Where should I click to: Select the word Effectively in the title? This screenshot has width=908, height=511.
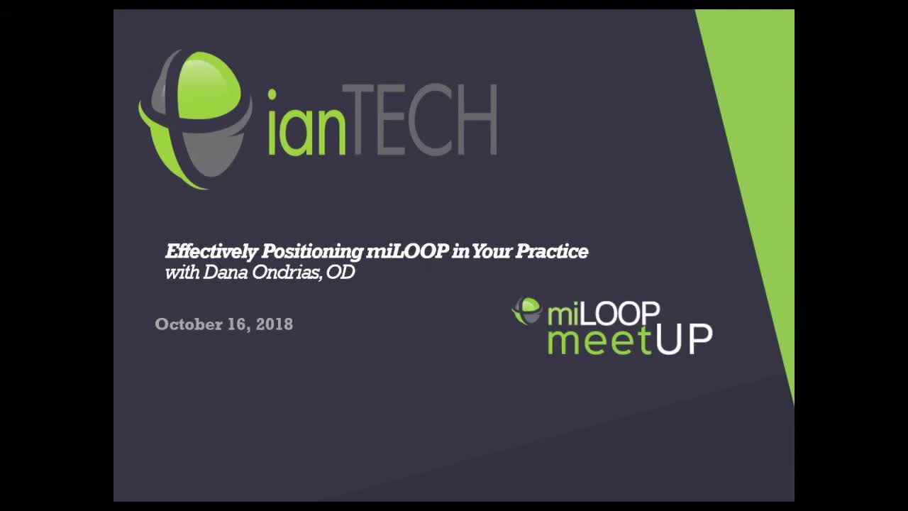211,251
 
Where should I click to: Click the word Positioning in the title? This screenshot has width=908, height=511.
311,252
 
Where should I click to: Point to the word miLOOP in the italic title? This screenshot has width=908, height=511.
407,251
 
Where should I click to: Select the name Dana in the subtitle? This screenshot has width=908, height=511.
222,273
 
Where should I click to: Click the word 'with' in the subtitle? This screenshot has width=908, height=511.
182,273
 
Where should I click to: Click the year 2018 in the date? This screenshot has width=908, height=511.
275,324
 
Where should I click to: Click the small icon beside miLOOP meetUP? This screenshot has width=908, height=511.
527,311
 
